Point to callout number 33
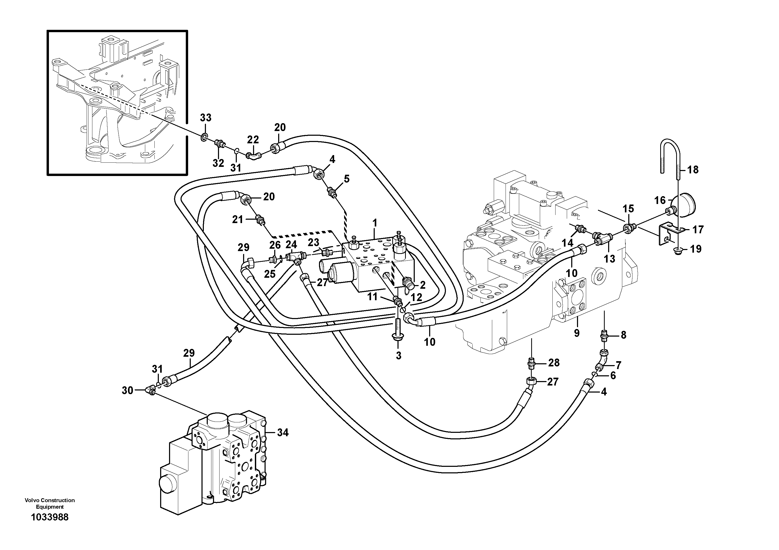point(206,118)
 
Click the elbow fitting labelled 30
point(150,391)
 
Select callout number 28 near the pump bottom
point(554,363)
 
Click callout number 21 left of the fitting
point(238,220)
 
